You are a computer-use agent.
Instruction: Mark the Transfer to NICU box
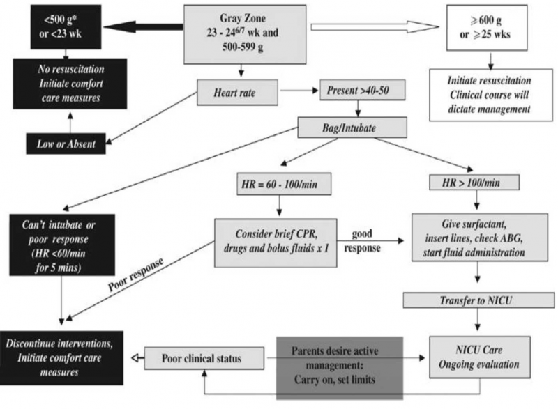(x=478, y=300)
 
